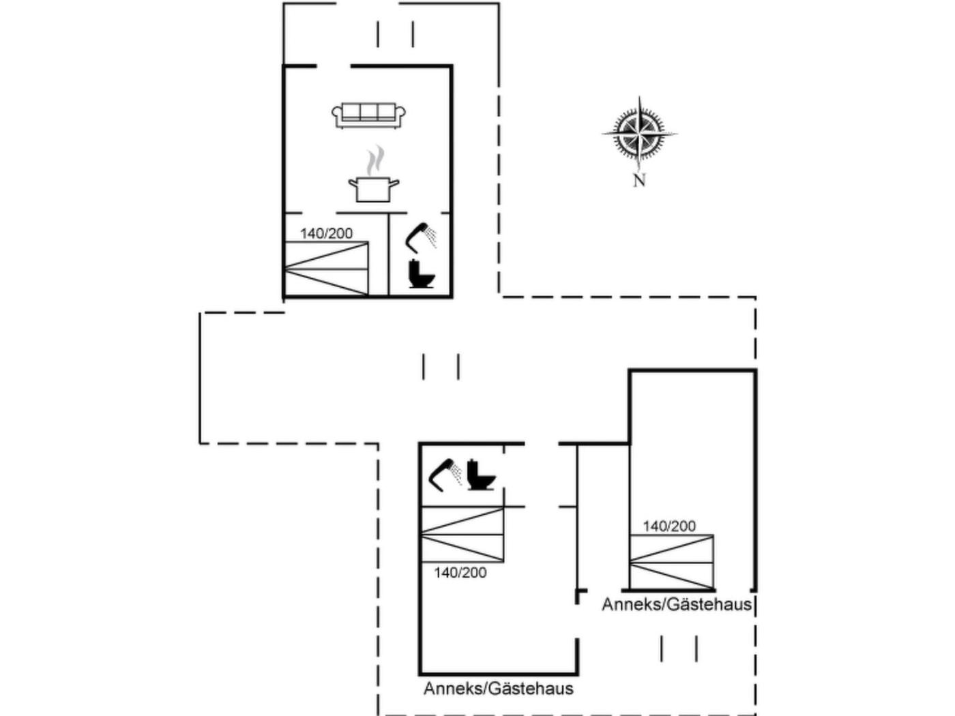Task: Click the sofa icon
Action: click(368, 115)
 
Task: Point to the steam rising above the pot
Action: click(374, 160)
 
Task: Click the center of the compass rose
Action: click(639, 133)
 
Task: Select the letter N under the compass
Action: click(639, 181)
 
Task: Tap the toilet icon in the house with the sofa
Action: click(420, 273)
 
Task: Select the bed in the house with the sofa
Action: click(326, 269)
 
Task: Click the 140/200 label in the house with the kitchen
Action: click(327, 233)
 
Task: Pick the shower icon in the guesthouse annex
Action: click(445, 473)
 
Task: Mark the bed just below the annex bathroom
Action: click(462, 535)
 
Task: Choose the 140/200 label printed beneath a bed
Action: click(460, 573)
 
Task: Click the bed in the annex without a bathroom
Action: click(671, 562)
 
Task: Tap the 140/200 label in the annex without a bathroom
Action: click(669, 526)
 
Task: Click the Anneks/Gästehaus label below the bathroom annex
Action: click(499, 688)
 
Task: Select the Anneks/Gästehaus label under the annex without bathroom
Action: click(677, 604)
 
